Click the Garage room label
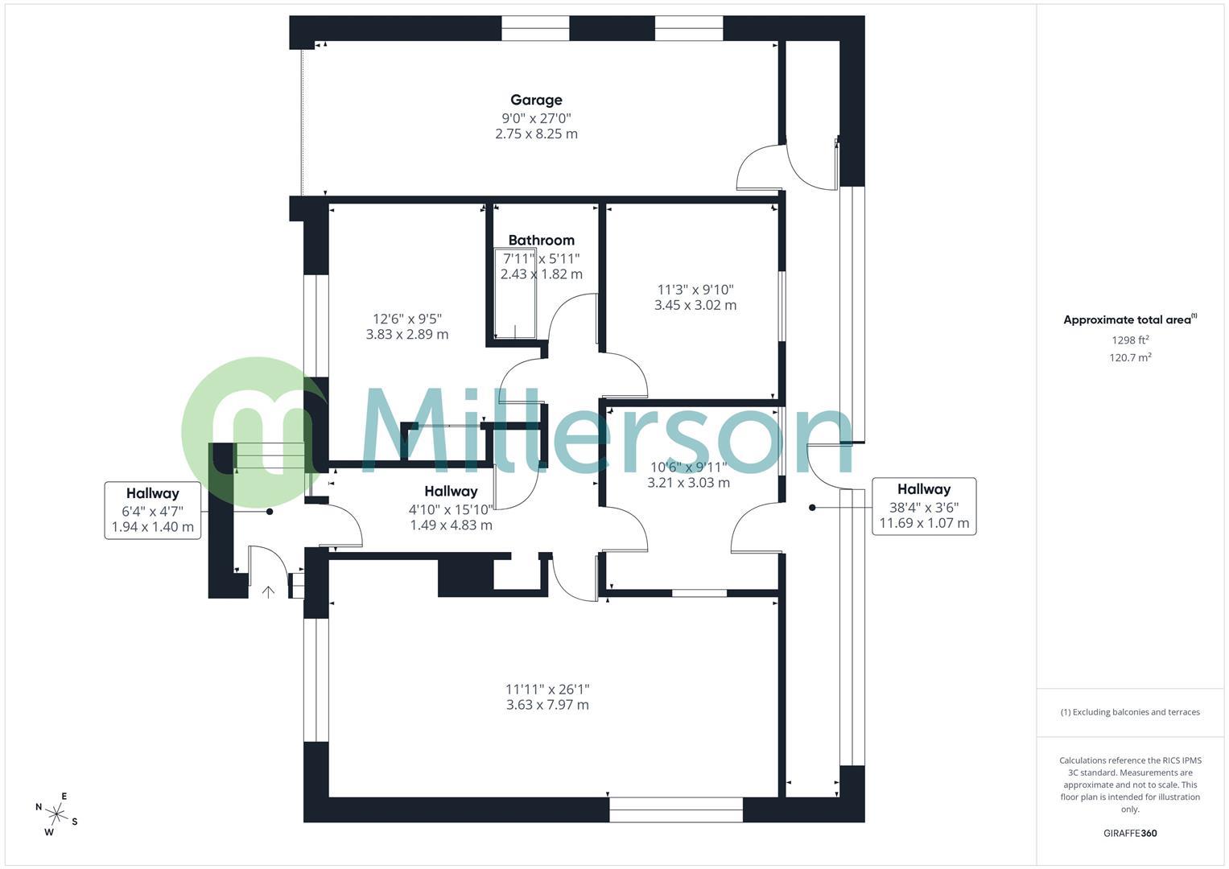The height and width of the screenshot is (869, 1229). [536, 100]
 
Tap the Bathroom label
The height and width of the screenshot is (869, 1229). [541, 240]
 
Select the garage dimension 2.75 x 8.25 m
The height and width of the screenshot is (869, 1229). [536, 134]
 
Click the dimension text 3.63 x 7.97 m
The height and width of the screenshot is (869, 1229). [547, 705]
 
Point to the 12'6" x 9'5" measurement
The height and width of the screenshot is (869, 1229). [407, 319]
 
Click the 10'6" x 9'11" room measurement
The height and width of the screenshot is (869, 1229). [688, 467]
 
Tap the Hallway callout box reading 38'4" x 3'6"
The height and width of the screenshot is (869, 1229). [924, 507]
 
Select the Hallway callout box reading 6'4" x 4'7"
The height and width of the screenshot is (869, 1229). [153, 511]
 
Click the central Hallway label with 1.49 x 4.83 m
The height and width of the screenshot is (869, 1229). [451, 508]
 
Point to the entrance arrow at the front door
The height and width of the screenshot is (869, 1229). [269, 592]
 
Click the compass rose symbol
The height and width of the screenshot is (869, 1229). [56, 813]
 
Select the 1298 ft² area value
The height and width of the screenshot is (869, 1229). [1130, 340]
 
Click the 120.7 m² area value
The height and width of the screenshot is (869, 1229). [1130, 357]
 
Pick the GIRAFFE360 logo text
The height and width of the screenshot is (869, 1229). [1130, 833]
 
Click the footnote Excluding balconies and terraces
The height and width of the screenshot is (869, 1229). [1130, 712]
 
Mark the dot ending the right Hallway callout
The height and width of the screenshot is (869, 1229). [812, 508]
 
